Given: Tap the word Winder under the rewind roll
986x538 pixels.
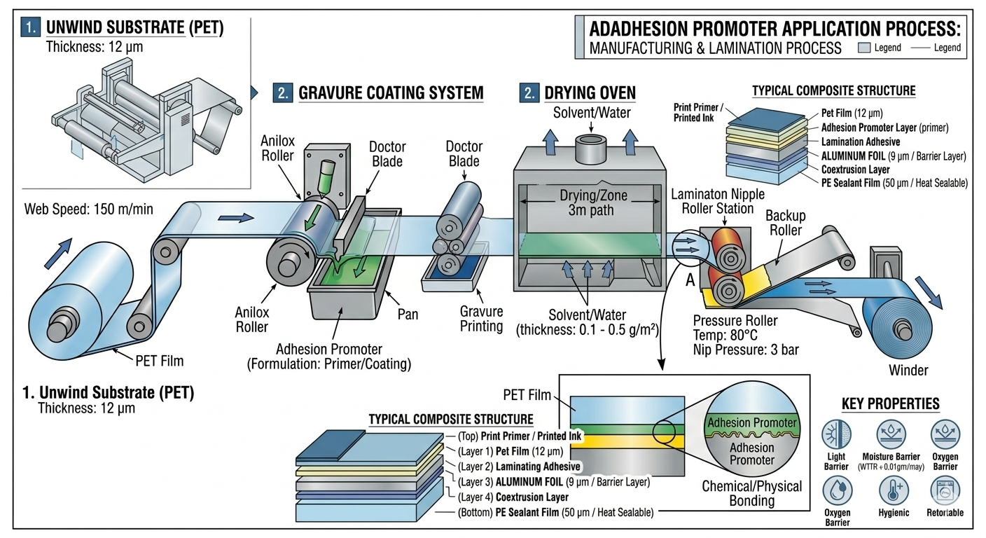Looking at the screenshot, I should coord(908,370).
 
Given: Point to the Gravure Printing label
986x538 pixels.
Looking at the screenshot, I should coord(481,319).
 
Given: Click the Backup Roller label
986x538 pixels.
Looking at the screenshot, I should coord(785,222).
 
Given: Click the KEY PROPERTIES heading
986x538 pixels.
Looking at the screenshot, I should coord(890,403).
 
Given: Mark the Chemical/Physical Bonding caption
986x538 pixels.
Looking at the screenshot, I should coord(751,493).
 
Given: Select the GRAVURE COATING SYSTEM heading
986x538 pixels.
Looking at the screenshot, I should coord(391,92).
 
